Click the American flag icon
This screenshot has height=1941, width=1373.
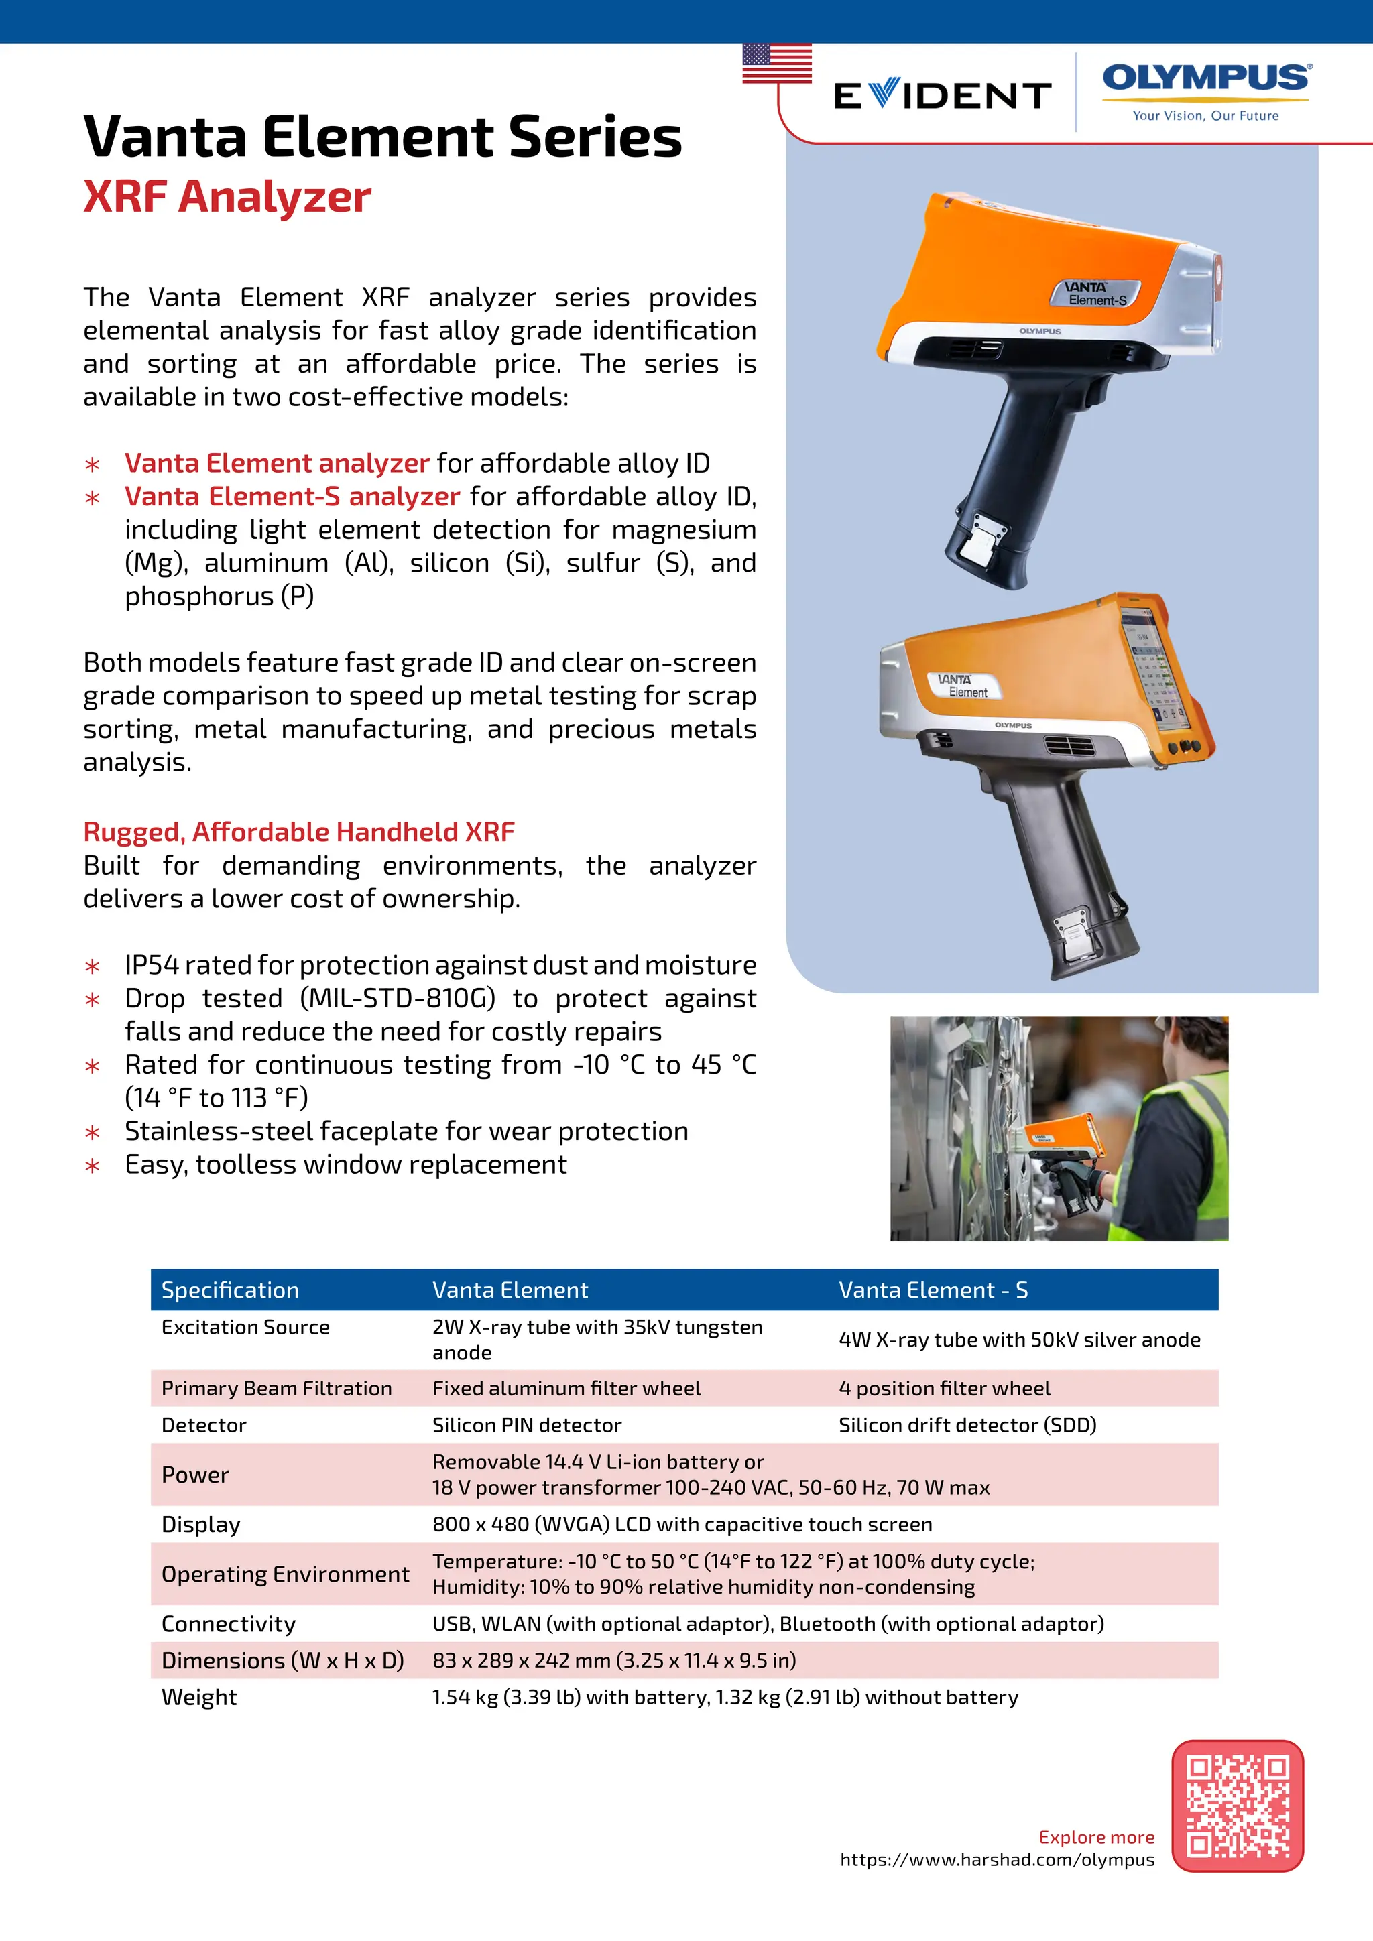776,64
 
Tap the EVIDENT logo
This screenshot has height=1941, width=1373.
942,96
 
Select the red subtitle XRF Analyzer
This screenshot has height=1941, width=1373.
227,197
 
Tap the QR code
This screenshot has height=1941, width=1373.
1237,1806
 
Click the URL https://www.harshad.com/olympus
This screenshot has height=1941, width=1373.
997,1860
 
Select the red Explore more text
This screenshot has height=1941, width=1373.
1095,1837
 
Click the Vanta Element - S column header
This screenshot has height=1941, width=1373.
933,1290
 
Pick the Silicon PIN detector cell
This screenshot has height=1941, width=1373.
527,1426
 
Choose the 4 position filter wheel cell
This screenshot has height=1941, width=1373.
945,1388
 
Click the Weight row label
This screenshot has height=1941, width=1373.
200,1698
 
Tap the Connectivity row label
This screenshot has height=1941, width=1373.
228,1624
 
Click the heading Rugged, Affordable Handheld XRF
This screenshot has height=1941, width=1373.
298,832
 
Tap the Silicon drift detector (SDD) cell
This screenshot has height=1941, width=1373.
967,1426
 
